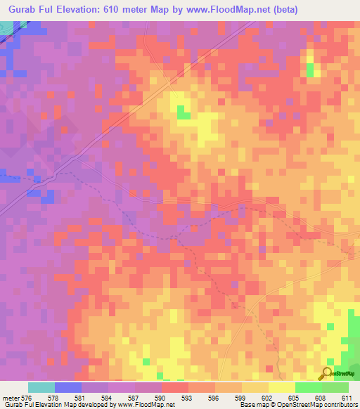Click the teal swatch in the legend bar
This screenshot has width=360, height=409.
pyautogui.click(x=41, y=387)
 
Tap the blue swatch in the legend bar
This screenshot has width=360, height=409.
pyautogui.click(x=68, y=387)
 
